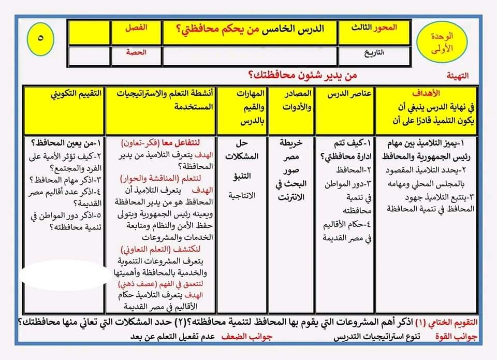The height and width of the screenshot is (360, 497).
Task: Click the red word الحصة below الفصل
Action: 137,52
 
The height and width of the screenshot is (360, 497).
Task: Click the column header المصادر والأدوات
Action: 293,101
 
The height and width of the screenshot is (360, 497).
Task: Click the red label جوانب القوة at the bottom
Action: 460,337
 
